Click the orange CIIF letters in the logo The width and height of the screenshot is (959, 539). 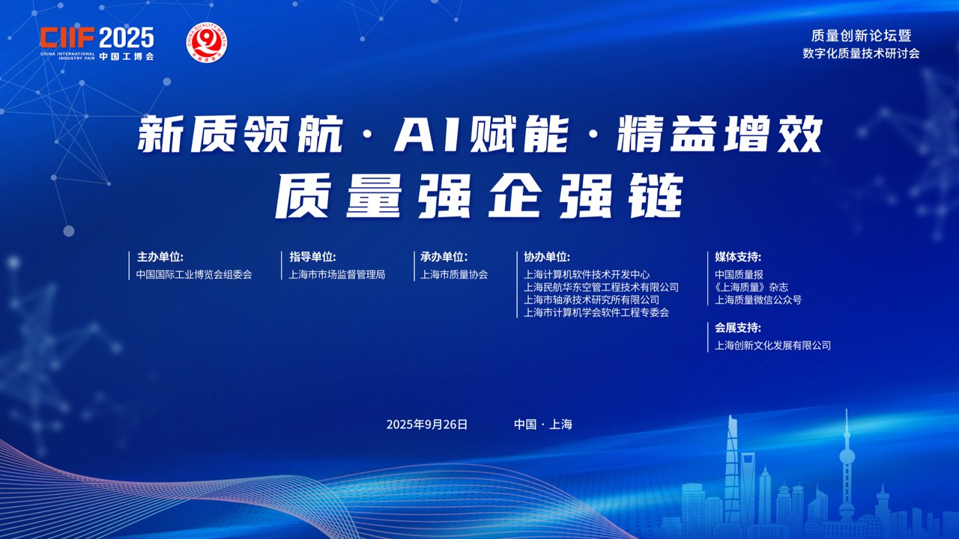[x=67, y=37]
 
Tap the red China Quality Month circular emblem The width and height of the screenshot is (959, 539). [x=207, y=43]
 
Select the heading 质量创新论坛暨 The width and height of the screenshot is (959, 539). [x=861, y=36]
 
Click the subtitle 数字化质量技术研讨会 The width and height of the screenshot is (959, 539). [x=861, y=53]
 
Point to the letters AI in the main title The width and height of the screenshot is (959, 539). [x=430, y=135]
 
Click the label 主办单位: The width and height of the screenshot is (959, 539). [x=160, y=257]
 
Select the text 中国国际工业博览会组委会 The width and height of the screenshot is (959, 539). [x=194, y=275]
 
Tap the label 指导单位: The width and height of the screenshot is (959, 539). [x=312, y=257]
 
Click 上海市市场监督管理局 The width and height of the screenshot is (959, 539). [x=337, y=275]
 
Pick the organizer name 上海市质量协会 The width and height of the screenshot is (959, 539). [x=454, y=275]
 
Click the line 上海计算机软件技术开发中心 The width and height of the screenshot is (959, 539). [x=587, y=275]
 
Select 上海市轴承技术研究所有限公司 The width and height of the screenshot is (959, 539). [x=591, y=300]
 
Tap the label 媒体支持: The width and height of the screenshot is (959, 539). [x=738, y=257]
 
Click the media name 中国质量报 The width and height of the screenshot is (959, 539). [x=739, y=275]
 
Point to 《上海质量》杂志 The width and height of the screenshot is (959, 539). [x=751, y=287]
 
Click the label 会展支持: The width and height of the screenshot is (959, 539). [x=738, y=328]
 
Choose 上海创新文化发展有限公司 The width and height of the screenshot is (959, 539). [x=772, y=346]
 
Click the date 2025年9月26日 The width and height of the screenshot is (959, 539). [x=427, y=424]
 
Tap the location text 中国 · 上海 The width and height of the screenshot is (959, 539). [x=543, y=424]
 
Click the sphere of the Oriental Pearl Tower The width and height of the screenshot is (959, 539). [x=847, y=457]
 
